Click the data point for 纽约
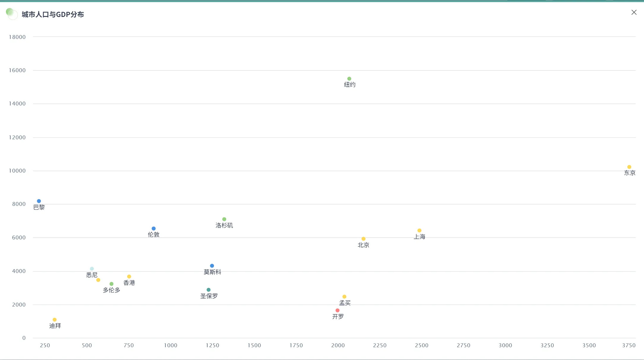point(349,79)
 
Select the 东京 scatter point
point(629,167)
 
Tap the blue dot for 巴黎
point(39,201)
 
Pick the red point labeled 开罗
point(337,310)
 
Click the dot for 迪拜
point(54,320)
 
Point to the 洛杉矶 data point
point(224,219)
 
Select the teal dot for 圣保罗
point(208,290)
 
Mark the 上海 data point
point(419,230)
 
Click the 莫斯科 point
point(212,266)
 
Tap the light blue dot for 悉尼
point(92,269)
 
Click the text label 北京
point(363,245)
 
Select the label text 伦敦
point(154,235)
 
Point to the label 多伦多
point(111,290)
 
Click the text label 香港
point(129,283)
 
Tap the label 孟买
point(345,303)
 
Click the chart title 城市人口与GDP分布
point(53,15)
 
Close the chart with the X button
point(634,12)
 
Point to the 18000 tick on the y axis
point(17,37)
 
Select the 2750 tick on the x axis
point(463,345)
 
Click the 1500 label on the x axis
point(254,345)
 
